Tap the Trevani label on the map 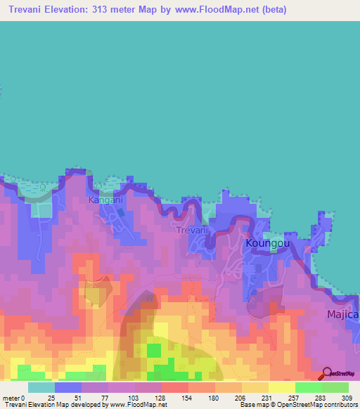pos(191,230)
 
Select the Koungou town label pos(268,243)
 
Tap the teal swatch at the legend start pos(41,388)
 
